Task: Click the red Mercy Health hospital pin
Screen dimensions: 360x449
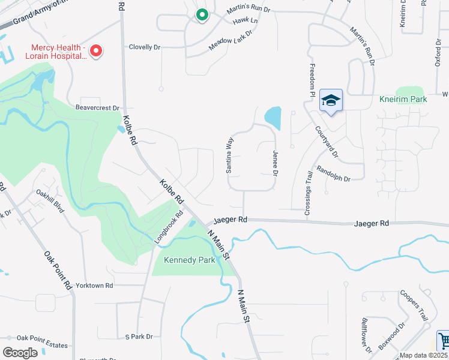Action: [95, 51]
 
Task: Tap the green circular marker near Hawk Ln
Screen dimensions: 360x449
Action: [202, 14]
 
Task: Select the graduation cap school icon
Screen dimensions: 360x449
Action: [330, 100]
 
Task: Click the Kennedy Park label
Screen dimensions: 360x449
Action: [190, 260]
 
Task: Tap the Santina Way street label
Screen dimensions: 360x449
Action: [229, 155]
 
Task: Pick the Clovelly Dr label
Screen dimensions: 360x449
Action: [145, 47]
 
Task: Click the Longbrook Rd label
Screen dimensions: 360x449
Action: [168, 227]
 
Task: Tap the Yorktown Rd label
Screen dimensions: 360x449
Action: [92, 286]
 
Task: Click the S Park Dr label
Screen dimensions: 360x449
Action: [139, 337]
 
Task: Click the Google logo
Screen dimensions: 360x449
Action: [20, 352]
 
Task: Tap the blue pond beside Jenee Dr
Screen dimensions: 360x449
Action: [273, 118]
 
